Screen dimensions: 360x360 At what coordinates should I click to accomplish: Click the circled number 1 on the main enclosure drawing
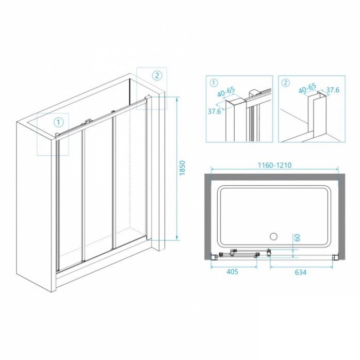59,122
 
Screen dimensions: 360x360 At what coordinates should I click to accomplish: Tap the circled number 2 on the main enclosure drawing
158,75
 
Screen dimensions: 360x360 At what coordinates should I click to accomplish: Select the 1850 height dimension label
182,168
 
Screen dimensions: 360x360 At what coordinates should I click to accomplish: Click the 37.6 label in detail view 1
214,111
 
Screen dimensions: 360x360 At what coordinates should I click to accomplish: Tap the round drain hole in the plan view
274,237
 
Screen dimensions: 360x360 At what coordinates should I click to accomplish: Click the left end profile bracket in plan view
215,256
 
